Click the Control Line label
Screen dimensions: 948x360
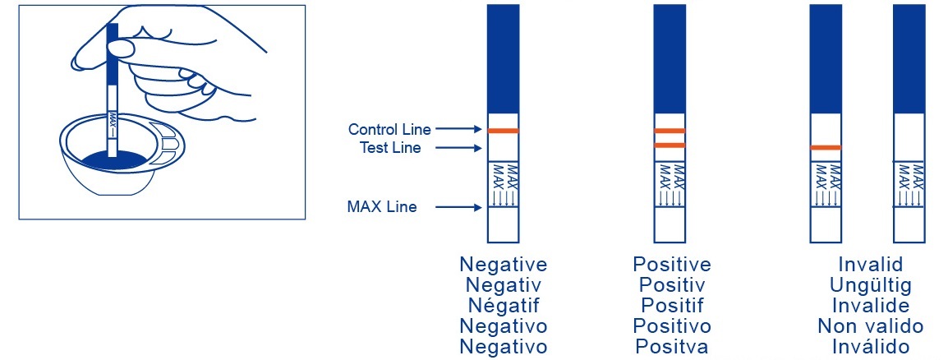click(x=389, y=129)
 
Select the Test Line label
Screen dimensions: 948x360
click(x=390, y=147)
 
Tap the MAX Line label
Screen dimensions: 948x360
click(x=381, y=207)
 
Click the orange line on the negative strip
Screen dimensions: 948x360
click(x=503, y=131)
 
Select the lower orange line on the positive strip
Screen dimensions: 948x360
click(x=670, y=145)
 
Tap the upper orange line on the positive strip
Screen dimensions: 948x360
click(x=670, y=131)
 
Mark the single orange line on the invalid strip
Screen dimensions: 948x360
click(x=826, y=148)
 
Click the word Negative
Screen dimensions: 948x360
click(x=503, y=265)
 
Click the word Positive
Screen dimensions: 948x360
click(x=672, y=265)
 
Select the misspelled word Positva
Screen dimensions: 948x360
click(x=672, y=347)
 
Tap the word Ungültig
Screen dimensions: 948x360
click(x=871, y=285)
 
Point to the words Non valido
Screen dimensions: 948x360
click(x=871, y=326)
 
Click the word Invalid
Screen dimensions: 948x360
click(x=871, y=265)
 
